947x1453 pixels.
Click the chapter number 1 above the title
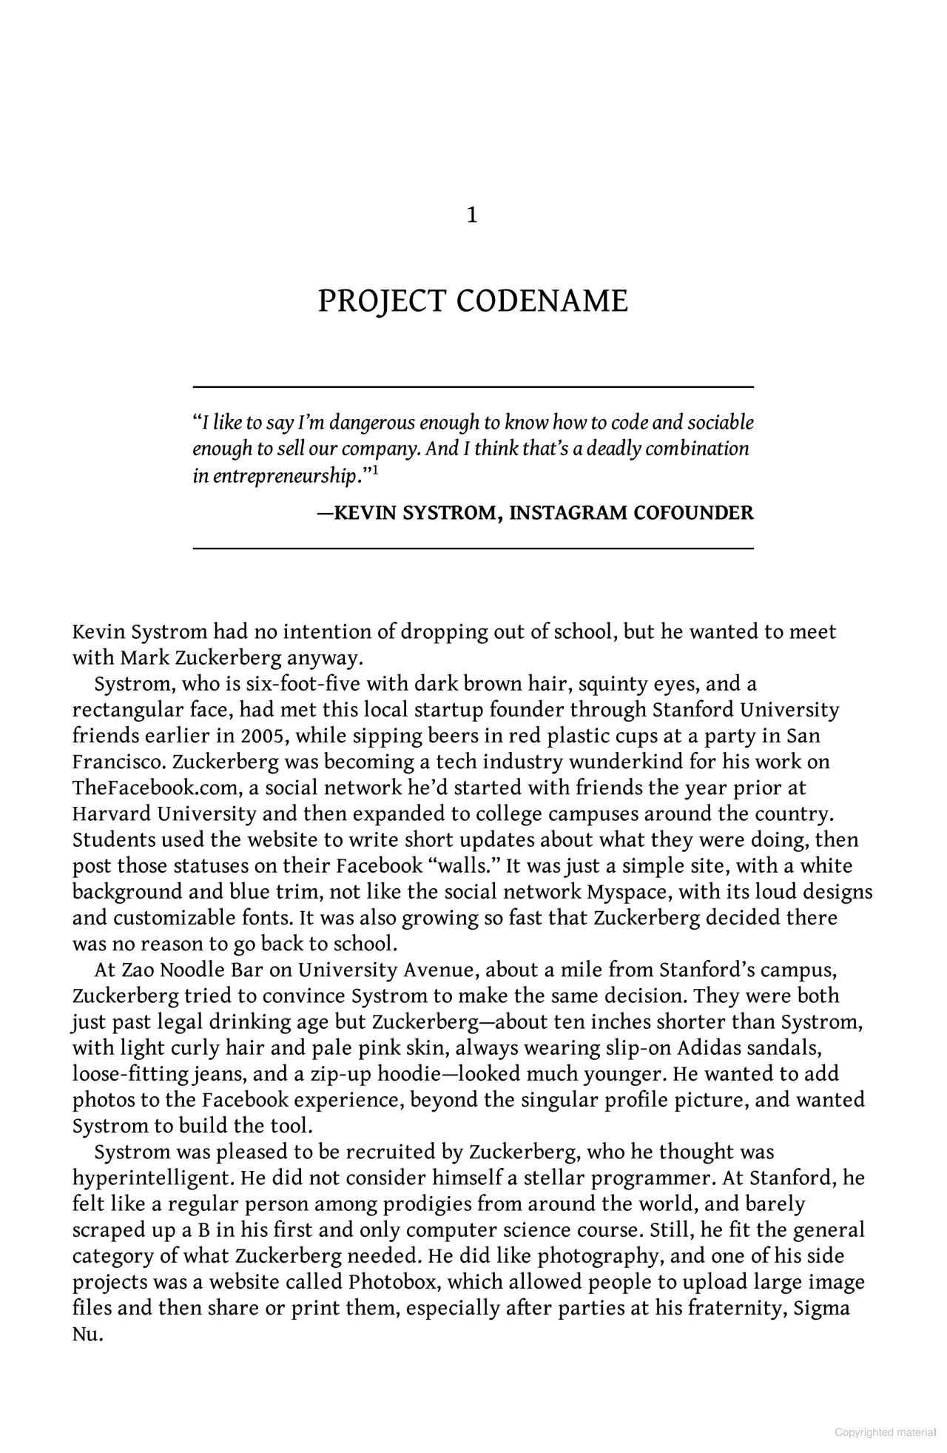point(472,215)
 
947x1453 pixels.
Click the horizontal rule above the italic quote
point(473,387)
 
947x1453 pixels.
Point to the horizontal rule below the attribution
point(473,548)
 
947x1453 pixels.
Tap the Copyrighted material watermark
point(885,1432)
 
